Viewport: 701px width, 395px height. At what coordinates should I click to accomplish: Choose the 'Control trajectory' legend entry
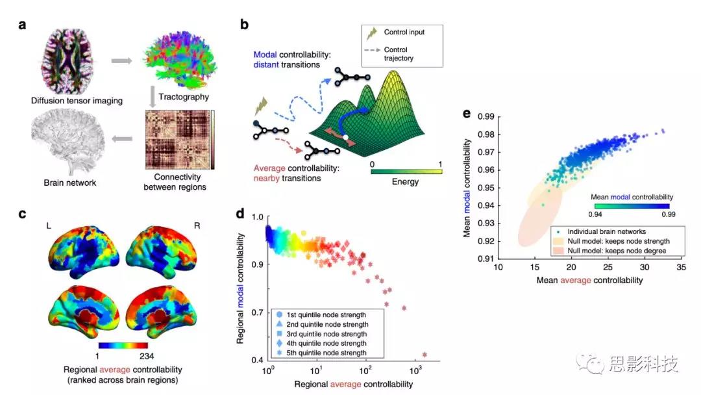[400, 53]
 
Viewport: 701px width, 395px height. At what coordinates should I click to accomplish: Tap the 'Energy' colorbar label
[406, 181]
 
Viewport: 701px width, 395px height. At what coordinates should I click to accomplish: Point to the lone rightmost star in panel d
[424, 355]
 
